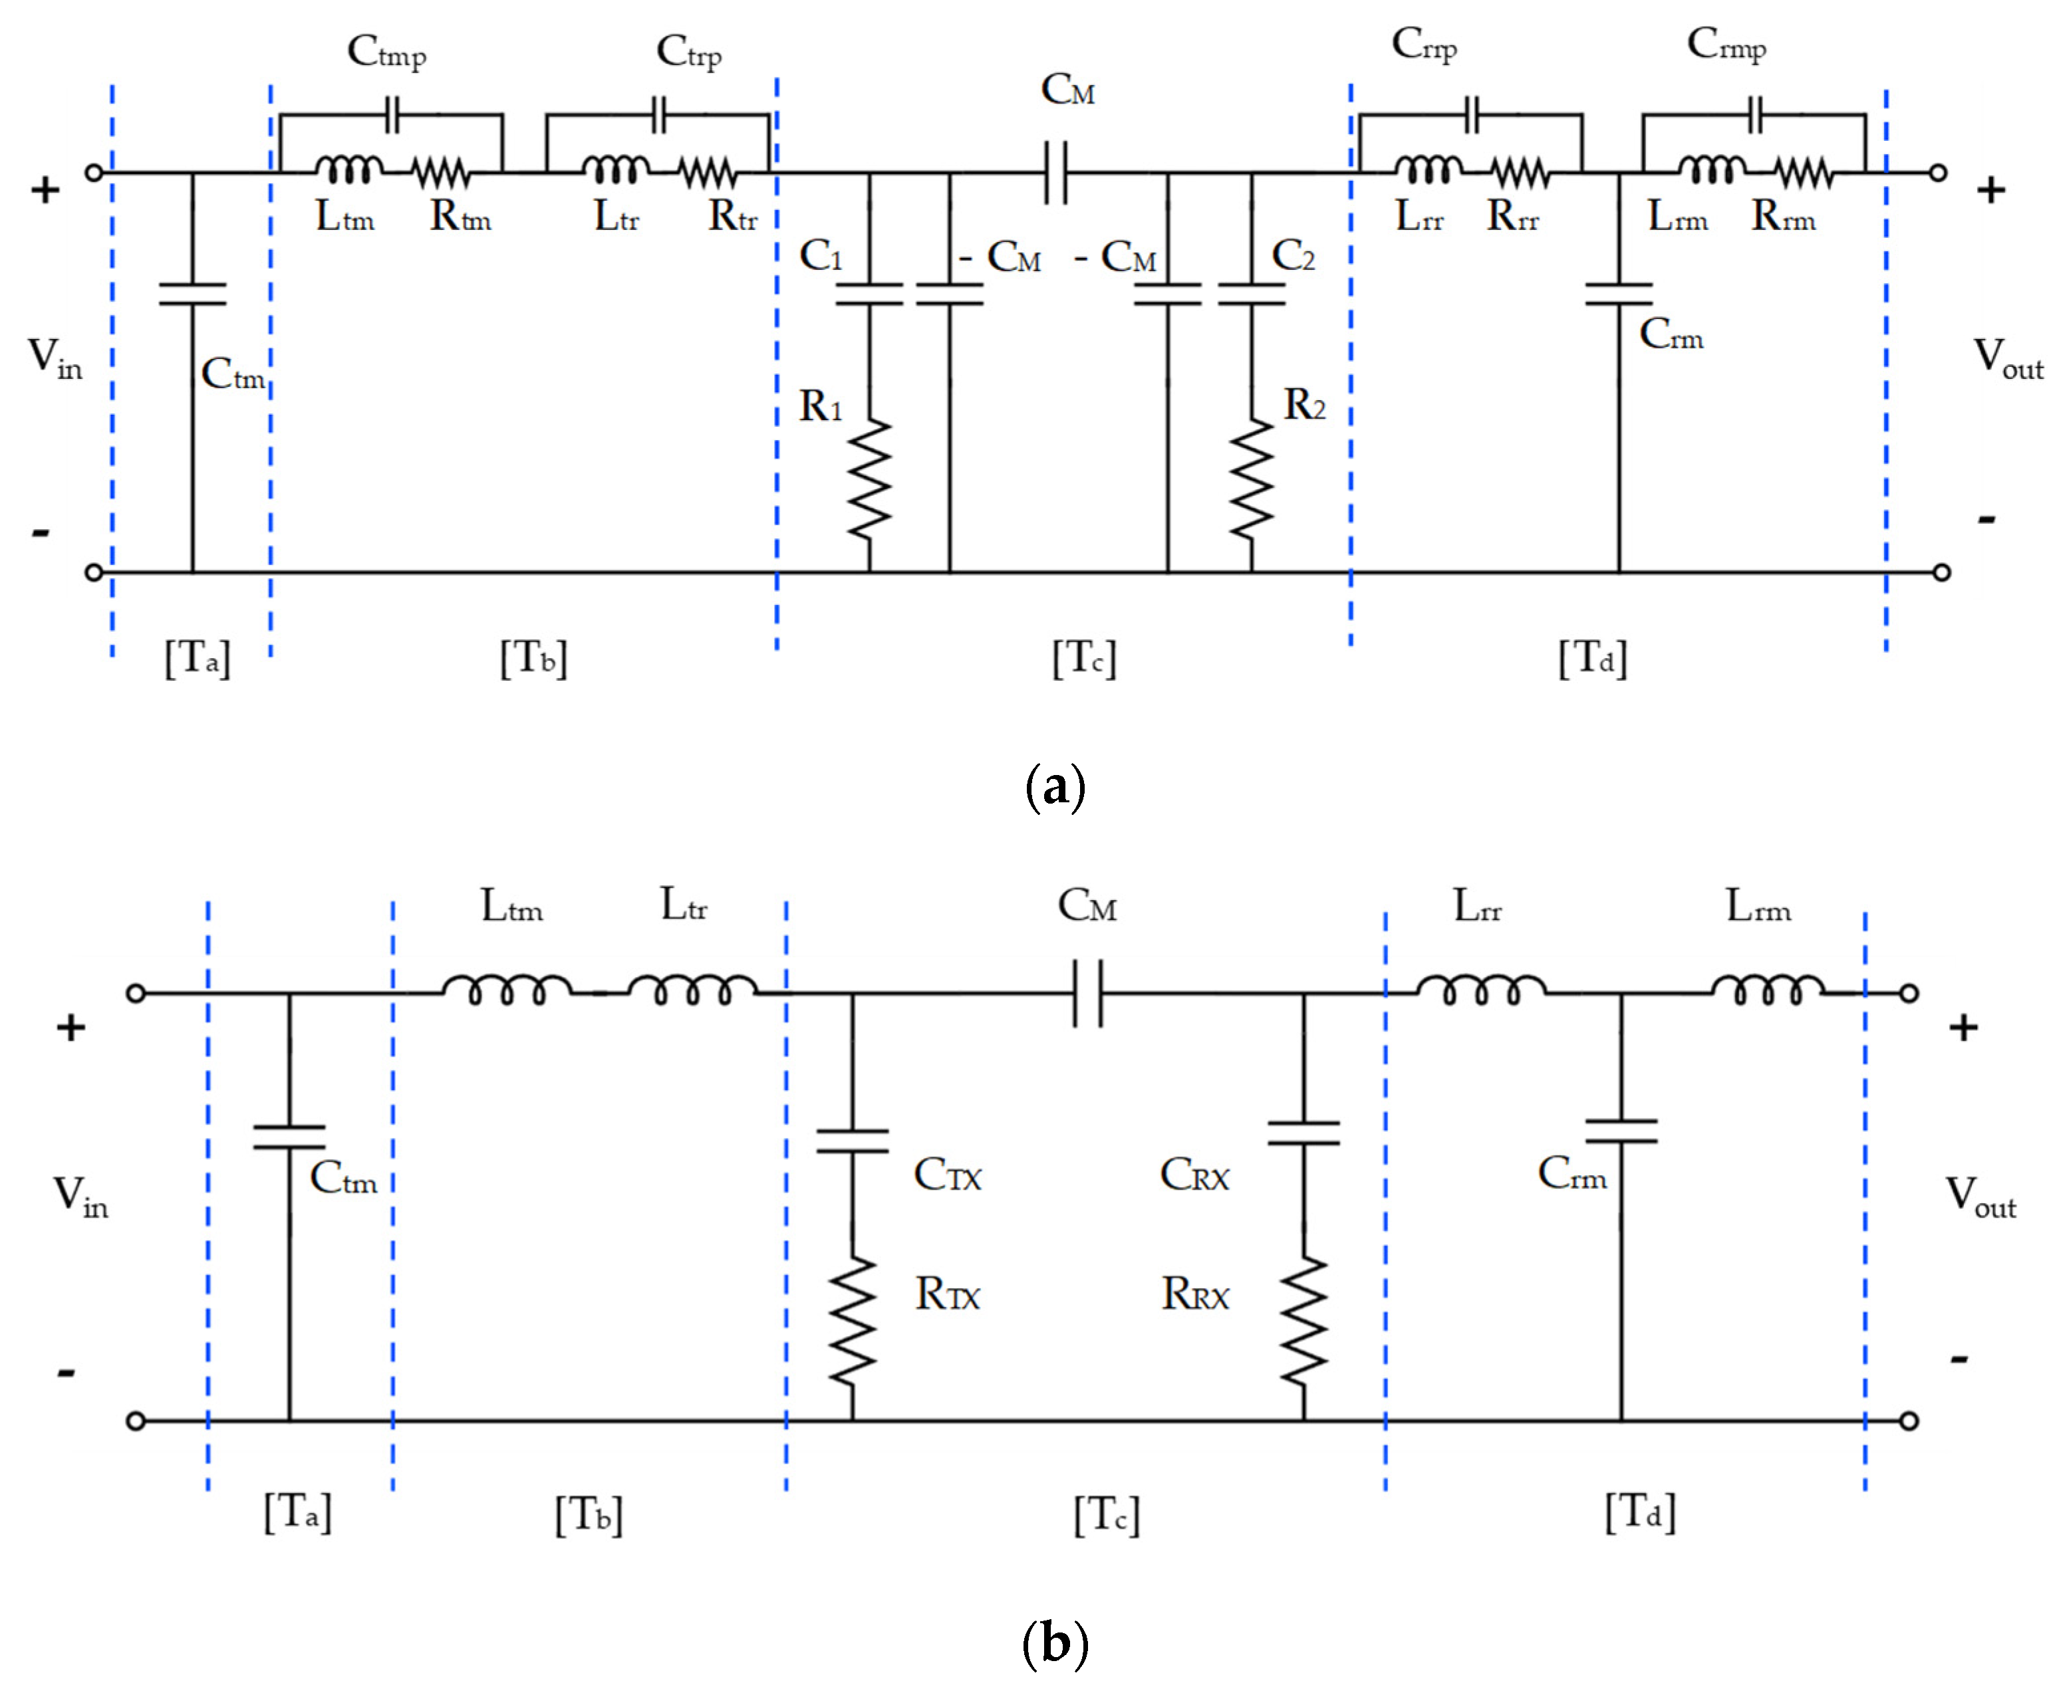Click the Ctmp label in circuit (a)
(x=387, y=51)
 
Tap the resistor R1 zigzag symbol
(x=868, y=479)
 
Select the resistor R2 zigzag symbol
(x=1251, y=479)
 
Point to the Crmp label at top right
(x=1726, y=45)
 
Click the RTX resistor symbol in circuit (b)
(x=853, y=1319)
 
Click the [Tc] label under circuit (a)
(x=1084, y=658)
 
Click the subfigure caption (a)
(x=1055, y=786)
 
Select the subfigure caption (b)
(x=1055, y=1643)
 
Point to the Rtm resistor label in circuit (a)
(x=460, y=217)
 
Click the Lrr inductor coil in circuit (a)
(x=1427, y=170)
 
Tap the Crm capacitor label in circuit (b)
(x=1571, y=1174)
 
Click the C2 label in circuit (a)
(x=1293, y=256)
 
